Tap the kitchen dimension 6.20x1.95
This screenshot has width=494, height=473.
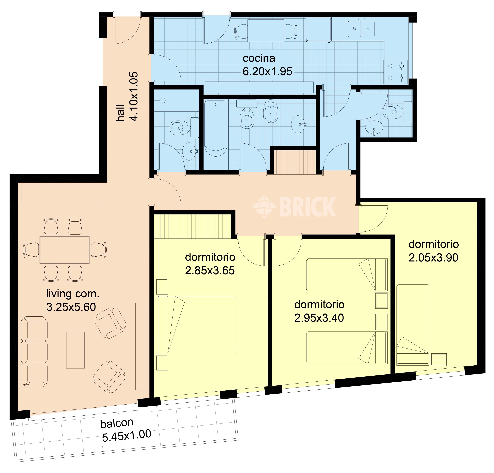tap(267, 72)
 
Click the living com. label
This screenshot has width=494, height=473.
tap(73, 294)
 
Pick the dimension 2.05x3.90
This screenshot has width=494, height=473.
tap(433, 258)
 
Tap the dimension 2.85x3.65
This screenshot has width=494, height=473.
tap(210, 271)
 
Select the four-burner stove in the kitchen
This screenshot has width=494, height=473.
tap(396, 72)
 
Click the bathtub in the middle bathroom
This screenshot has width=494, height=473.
tap(216, 128)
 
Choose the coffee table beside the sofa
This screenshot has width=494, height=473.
tap(75, 350)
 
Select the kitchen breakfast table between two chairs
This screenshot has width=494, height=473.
tap(266, 30)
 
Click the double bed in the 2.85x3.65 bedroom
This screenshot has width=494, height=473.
tap(196, 325)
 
